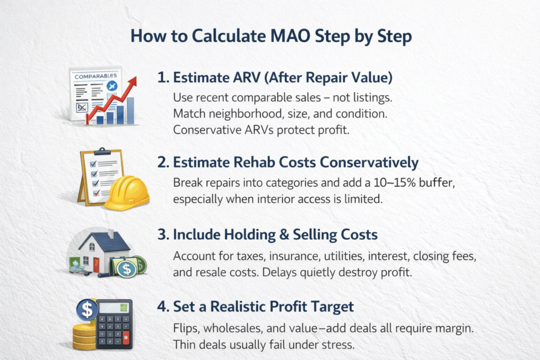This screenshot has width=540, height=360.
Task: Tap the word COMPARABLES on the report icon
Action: (96, 76)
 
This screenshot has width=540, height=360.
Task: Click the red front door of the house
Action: (96, 265)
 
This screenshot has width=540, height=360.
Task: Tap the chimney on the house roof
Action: (111, 233)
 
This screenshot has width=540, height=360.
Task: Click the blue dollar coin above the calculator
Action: (87, 309)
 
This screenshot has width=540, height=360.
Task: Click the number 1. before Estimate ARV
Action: (163, 77)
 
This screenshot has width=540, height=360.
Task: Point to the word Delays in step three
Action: (279, 273)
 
